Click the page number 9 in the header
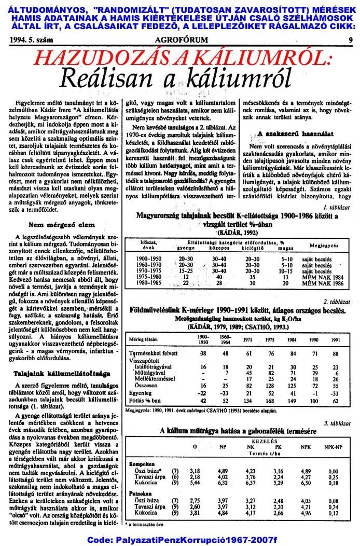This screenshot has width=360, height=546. coord(351,39)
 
